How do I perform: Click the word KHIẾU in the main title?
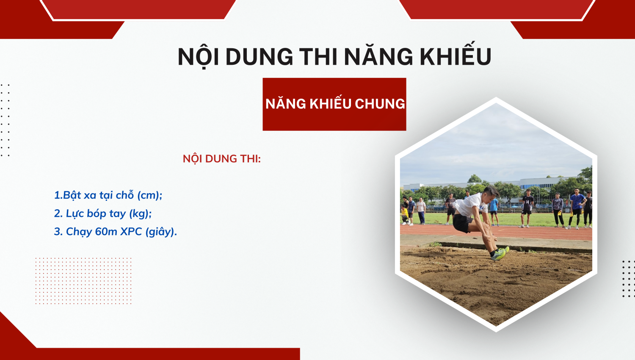coord(456,55)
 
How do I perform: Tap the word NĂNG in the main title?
coord(379,55)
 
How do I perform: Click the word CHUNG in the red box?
coord(380,104)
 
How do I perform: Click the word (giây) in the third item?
coord(161,232)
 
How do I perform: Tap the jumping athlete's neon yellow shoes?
coord(500,254)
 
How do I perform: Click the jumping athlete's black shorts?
coord(463,223)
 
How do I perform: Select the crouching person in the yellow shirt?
coord(405,215)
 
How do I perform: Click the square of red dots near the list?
coord(83,281)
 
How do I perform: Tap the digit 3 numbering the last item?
coord(57,232)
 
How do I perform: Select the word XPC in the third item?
coord(131,232)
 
